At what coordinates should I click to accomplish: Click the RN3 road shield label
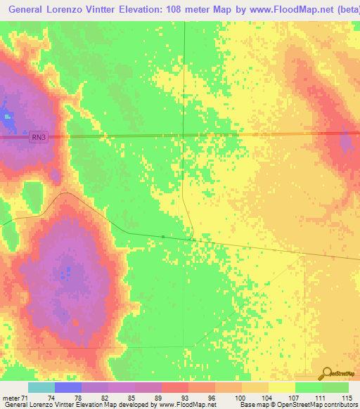point(39,138)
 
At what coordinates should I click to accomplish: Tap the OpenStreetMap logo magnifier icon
point(327,373)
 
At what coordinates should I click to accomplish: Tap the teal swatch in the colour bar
point(41,388)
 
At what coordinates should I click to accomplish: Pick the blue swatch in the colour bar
point(67,388)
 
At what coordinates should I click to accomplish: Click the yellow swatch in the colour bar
point(281,388)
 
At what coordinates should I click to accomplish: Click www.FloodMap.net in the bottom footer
point(186,405)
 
